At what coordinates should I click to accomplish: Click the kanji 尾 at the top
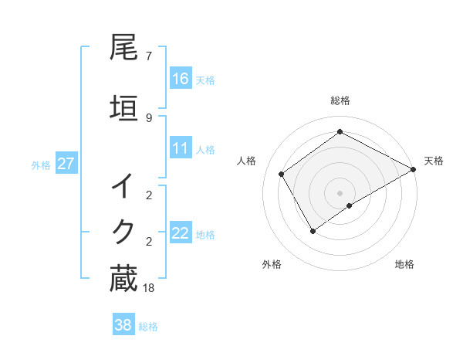coord(123,48)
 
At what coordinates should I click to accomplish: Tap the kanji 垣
coord(123,108)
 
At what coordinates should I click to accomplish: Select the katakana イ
coord(123,186)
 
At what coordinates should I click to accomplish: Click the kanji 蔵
coord(123,278)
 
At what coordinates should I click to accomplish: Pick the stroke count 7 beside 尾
coord(148,56)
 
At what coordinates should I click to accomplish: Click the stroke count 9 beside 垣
coord(148,117)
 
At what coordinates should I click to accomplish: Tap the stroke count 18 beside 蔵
coord(150,288)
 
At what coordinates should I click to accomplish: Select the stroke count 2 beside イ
coord(148,195)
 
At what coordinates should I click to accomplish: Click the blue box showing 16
coord(181,79)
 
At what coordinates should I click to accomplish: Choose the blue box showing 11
coord(181,148)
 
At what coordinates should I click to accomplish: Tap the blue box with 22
coord(181,233)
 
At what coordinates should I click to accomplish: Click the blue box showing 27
coord(66,164)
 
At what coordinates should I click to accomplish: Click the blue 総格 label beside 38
coord(148,327)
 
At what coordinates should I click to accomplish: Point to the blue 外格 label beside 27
coord(41,165)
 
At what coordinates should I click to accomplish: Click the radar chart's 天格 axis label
coord(434,161)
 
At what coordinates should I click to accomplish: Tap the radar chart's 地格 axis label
coord(404,264)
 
